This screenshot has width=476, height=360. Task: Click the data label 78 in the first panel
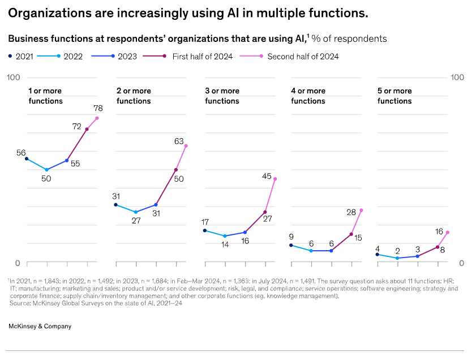click(97, 108)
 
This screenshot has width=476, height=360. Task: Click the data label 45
click(267, 176)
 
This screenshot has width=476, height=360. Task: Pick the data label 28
click(351, 212)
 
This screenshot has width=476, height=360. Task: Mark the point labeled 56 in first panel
click(27, 158)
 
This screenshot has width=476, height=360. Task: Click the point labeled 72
click(87, 129)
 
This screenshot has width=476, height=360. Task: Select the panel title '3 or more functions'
click(222, 96)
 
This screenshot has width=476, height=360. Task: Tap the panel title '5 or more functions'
click(394, 96)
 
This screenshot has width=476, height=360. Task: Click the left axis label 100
click(14, 77)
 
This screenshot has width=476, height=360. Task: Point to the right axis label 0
click(462, 263)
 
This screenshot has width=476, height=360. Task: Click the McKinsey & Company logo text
click(40, 326)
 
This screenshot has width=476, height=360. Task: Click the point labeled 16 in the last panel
click(447, 232)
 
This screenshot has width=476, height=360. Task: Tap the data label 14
click(225, 245)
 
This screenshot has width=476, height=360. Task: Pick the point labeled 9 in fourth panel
click(291, 245)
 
